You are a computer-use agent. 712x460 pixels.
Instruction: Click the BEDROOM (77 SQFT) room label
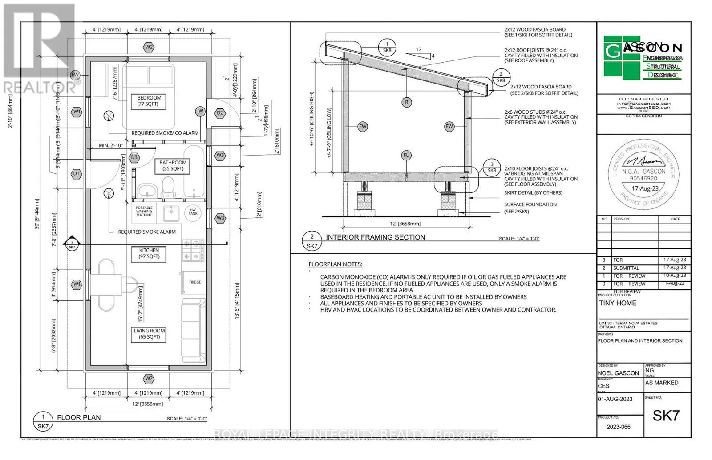[149, 101]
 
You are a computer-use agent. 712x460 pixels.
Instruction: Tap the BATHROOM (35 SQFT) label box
[173, 165]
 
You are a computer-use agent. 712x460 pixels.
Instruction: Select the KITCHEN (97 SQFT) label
[149, 253]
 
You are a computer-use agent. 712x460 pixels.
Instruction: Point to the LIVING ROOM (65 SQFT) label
[149, 334]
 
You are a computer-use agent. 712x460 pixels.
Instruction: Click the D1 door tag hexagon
[77, 174]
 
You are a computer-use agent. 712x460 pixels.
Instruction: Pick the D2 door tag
[220, 113]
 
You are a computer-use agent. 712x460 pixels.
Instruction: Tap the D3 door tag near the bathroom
[134, 157]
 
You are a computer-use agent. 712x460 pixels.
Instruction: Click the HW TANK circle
[193, 212]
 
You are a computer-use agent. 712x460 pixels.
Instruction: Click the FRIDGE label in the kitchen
[195, 282]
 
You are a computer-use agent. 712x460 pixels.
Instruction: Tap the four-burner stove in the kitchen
[193, 250]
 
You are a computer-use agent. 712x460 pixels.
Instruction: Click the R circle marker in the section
[406, 102]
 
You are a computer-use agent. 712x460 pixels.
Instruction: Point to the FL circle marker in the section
[406, 155]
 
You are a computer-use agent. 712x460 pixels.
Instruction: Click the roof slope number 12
[418, 49]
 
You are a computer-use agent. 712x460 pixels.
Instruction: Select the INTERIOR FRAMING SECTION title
[375, 237]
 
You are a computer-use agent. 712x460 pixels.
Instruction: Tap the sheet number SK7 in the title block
[666, 415]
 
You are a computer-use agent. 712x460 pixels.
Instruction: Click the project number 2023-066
[619, 427]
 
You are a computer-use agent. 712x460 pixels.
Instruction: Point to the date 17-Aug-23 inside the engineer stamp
[645, 188]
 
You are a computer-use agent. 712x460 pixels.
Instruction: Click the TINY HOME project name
[618, 303]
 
